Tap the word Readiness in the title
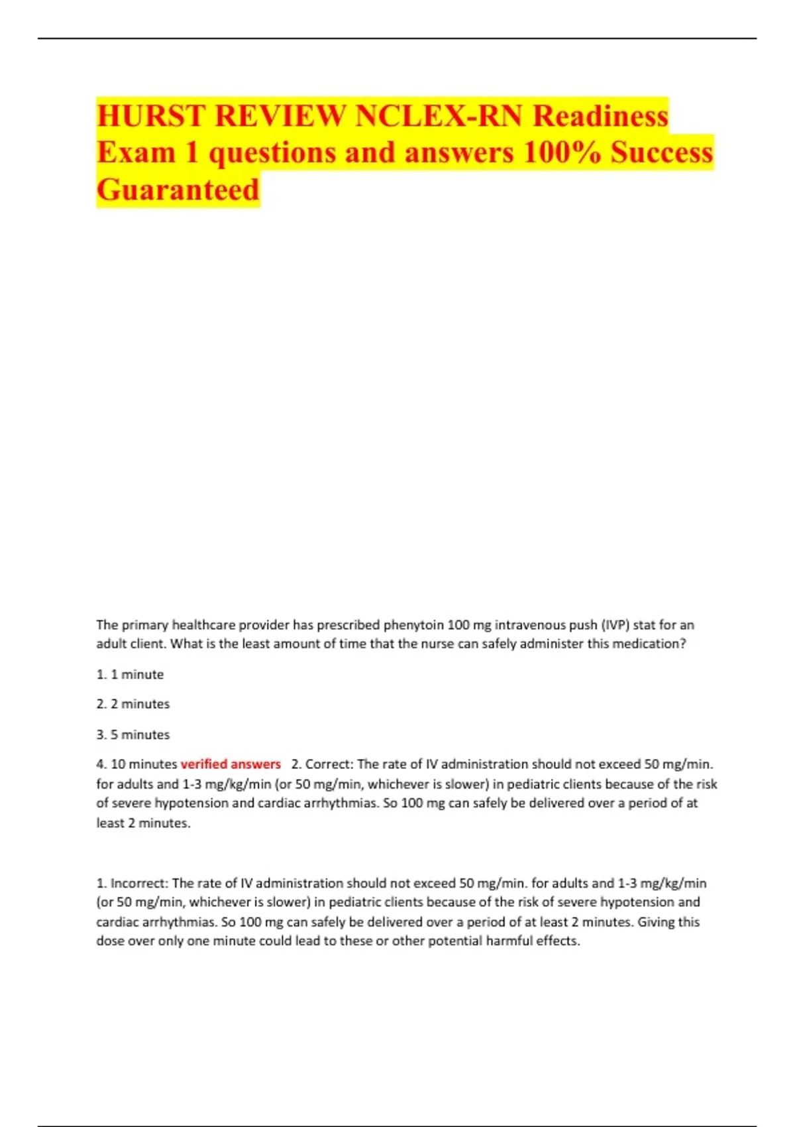pos(600,116)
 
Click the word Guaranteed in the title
pos(178,190)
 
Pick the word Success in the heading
pos(661,152)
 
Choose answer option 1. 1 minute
pos(130,674)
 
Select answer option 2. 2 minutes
pos(132,704)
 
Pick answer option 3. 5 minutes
pos(132,735)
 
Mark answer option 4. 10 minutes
pos(136,764)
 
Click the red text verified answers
pos(231,764)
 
